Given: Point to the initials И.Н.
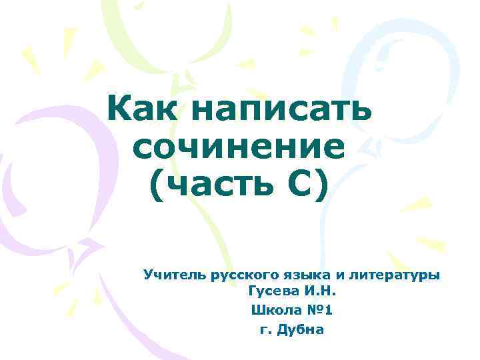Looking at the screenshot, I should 320,291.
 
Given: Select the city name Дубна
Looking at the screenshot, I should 301,329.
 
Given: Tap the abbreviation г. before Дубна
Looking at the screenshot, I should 265,330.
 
